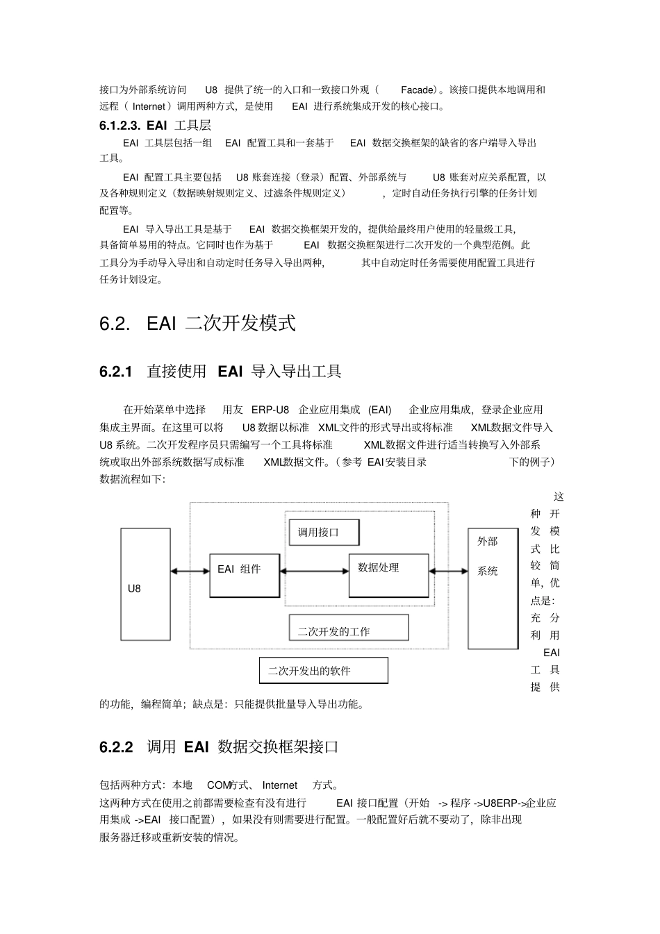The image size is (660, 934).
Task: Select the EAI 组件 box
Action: (245, 575)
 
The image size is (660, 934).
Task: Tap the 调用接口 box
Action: (324, 533)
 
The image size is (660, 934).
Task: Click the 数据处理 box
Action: (388, 575)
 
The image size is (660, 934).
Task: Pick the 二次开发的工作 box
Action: (349, 628)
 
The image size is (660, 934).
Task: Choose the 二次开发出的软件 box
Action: (323, 670)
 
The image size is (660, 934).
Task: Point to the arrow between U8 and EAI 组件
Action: (190, 571)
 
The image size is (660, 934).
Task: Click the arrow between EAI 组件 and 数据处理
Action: (314, 571)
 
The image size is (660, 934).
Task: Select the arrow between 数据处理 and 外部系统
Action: (449, 571)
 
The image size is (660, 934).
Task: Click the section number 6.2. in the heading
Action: (115, 324)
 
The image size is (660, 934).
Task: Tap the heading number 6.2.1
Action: (116, 372)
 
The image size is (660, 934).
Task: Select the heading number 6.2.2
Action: (116, 747)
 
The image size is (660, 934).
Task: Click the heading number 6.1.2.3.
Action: (120, 126)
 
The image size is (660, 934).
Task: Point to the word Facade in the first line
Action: (417, 90)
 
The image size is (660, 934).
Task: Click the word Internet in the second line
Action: (149, 106)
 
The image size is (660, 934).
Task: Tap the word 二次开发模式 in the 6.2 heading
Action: (240, 324)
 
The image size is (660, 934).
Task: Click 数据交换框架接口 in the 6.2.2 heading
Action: (278, 747)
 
